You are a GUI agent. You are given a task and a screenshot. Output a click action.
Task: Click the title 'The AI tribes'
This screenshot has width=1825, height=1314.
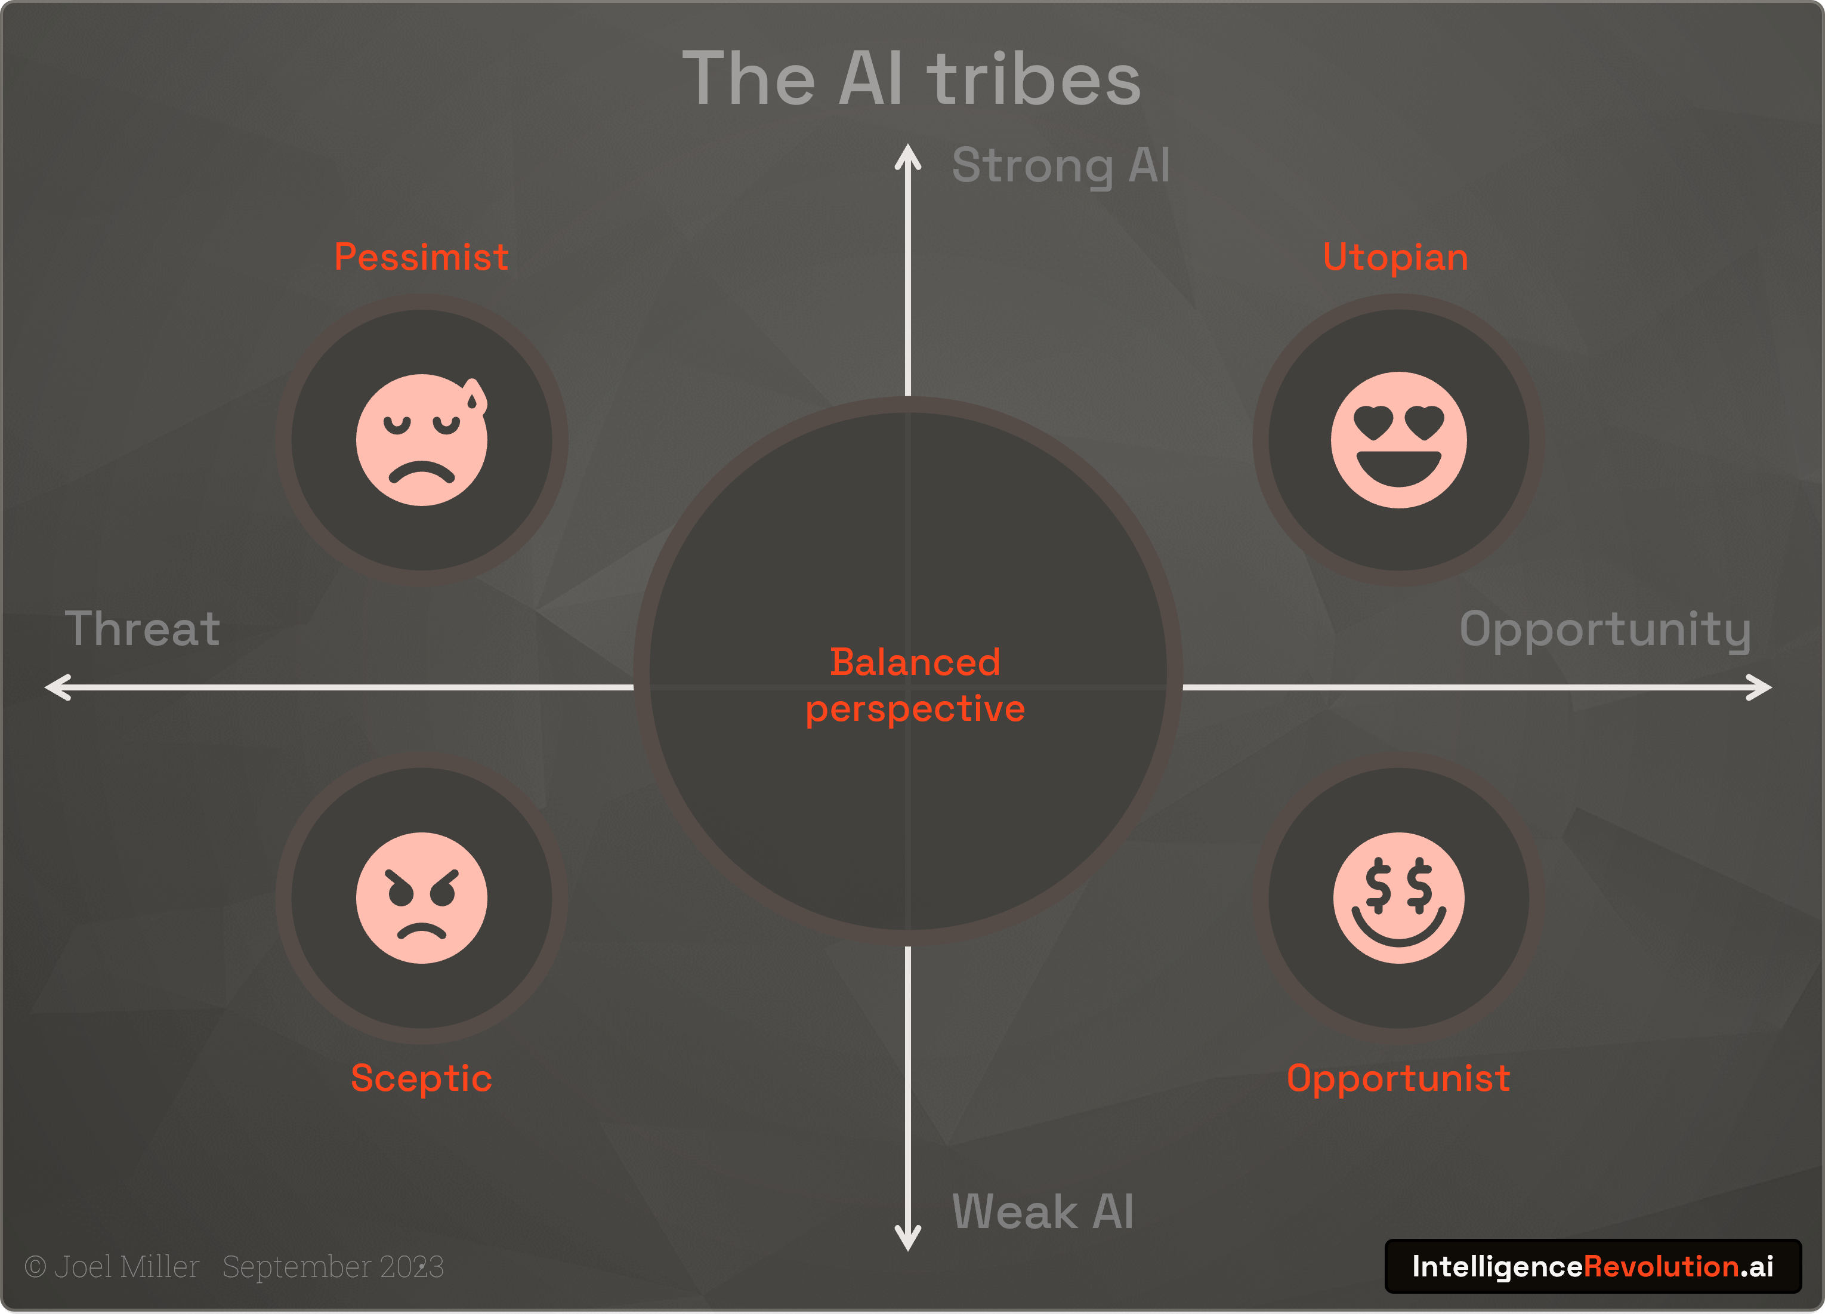click(x=912, y=78)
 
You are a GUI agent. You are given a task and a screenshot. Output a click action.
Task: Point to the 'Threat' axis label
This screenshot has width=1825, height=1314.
click(x=143, y=628)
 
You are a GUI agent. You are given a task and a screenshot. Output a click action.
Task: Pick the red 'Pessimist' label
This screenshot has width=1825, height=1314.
click(x=421, y=258)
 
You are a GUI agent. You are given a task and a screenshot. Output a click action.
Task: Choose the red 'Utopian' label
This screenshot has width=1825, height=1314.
click(x=1395, y=258)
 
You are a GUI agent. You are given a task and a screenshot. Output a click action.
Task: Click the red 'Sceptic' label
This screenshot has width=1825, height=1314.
click(x=421, y=1078)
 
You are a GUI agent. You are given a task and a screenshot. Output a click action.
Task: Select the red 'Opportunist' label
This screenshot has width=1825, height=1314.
click(x=1398, y=1078)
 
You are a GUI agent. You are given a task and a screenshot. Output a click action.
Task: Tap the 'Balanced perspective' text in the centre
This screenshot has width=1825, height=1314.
click(x=915, y=685)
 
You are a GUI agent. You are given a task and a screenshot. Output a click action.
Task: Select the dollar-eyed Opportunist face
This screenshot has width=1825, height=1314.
click(x=1398, y=897)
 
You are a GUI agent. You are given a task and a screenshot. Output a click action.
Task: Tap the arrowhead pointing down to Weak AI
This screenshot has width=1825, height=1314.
click(x=907, y=1240)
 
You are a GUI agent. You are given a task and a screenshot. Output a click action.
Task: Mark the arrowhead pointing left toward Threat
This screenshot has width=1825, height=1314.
click(x=56, y=687)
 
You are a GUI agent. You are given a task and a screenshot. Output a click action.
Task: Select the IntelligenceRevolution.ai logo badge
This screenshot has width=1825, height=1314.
click(x=1592, y=1266)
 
